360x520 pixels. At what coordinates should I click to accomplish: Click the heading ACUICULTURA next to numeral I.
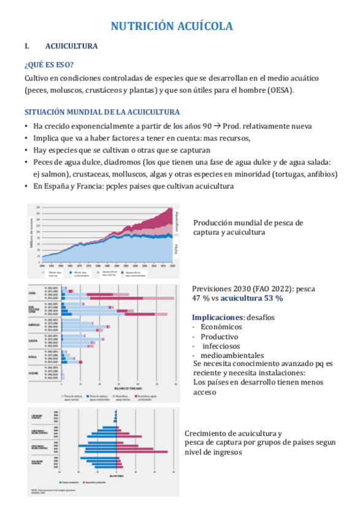(x=72, y=46)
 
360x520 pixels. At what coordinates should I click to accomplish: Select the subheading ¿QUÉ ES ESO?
(x=50, y=64)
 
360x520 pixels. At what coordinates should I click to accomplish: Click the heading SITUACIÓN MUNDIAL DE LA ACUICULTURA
(x=102, y=113)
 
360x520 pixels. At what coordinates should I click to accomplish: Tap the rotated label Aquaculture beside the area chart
(x=176, y=220)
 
